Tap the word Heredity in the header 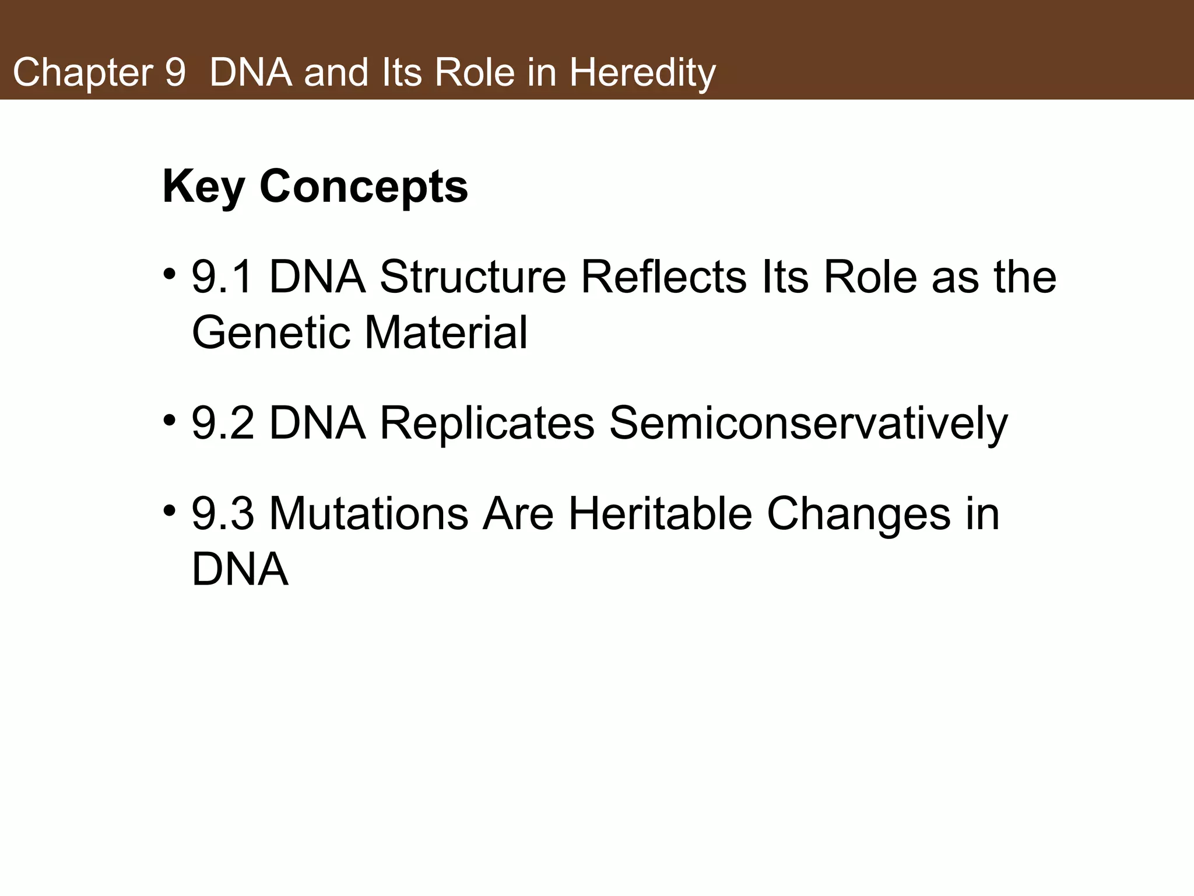(642, 73)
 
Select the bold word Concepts (363, 187)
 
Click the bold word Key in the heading (203, 187)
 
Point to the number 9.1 (223, 276)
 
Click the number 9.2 (223, 423)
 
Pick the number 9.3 (223, 513)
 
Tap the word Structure (473, 276)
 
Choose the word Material (446, 332)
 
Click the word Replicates (487, 423)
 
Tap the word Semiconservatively (808, 423)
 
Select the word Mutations (368, 513)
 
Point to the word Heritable (660, 513)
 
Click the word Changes (858, 513)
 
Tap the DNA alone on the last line (240, 569)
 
